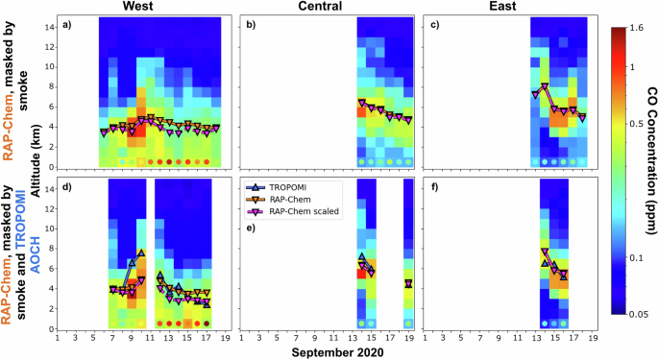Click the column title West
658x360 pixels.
(x=141, y=7)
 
